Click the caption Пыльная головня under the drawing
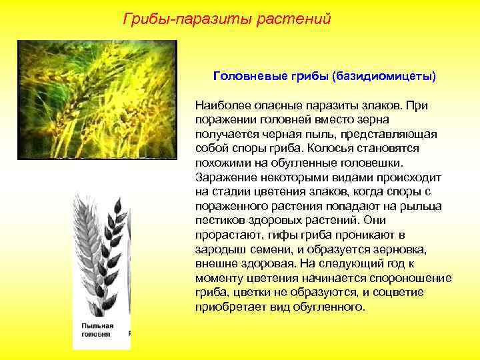[x=98, y=329]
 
